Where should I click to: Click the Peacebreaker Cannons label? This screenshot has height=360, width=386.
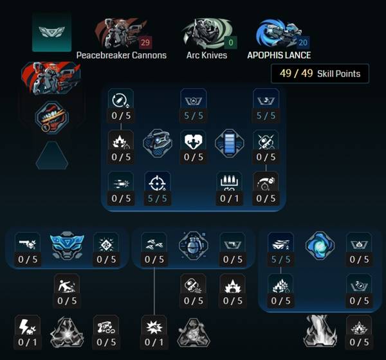(x=122, y=55)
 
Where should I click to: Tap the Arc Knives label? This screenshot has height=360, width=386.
(x=207, y=55)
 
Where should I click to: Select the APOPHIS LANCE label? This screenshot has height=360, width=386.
(x=279, y=55)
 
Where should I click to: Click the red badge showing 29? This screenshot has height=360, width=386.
(x=145, y=42)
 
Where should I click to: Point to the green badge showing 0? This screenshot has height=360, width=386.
(x=231, y=42)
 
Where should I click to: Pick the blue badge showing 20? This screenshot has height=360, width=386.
(x=303, y=42)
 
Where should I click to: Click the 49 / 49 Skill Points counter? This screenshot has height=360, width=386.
(x=320, y=73)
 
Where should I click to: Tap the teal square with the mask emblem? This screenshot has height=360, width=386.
(x=52, y=32)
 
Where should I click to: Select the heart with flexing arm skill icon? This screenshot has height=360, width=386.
(x=193, y=141)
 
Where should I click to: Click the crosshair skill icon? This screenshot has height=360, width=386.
(x=157, y=183)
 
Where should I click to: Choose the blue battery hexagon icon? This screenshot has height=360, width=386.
(x=230, y=143)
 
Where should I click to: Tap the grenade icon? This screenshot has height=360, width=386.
(x=193, y=246)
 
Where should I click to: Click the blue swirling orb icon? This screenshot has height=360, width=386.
(x=320, y=246)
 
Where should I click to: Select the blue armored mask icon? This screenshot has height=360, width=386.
(x=67, y=245)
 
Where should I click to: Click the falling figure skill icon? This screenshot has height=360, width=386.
(x=67, y=286)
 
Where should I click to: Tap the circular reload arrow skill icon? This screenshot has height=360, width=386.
(x=121, y=100)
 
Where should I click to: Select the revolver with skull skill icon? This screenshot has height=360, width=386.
(x=27, y=244)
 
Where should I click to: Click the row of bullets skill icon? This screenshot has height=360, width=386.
(x=230, y=183)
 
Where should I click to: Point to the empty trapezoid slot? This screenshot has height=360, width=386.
(x=52, y=156)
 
